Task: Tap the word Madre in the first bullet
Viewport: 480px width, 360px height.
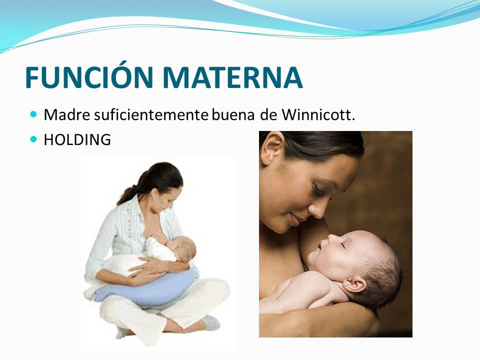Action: [67, 115]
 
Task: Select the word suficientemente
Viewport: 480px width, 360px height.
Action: [151, 115]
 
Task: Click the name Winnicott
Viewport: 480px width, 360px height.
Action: [318, 115]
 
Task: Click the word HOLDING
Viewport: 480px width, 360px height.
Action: [77, 139]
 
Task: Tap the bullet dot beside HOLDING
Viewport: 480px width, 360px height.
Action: [33, 139]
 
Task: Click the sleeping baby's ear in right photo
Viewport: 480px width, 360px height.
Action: [354, 284]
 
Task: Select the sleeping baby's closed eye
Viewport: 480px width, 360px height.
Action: [343, 245]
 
